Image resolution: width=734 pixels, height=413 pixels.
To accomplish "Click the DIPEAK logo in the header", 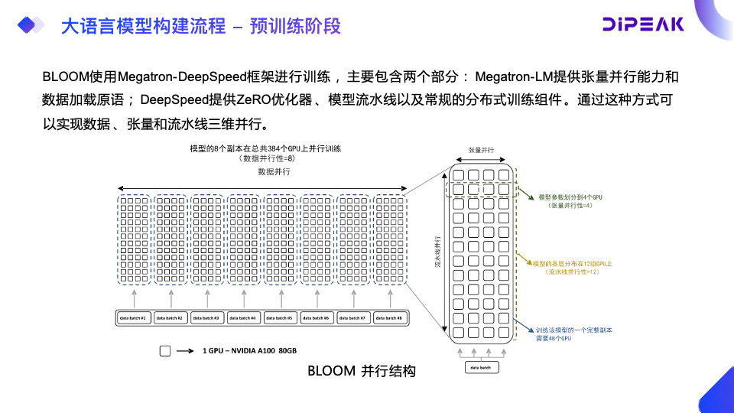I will pyautogui.click(x=643, y=24).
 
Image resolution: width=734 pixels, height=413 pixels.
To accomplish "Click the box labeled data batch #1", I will pyautogui.click(x=133, y=317).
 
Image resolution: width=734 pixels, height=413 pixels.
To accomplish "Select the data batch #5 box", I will pyautogui.click(x=280, y=317).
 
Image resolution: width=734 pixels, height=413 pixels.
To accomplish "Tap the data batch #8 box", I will pyautogui.click(x=389, y=317).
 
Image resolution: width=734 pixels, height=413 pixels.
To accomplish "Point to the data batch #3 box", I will pyautogui.click(x=206, y=317).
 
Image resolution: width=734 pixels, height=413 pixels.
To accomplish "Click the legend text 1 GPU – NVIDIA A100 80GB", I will pyautogui.click(x=249, y=351).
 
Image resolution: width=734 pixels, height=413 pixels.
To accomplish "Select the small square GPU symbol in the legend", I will pyautogui.click(x=164, y=351).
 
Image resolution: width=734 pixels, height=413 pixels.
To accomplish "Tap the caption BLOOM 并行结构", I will pyautogui.click(x=361, y=372).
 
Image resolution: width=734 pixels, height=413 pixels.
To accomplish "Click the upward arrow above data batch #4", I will pyautogui.click(x=243, y=298).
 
